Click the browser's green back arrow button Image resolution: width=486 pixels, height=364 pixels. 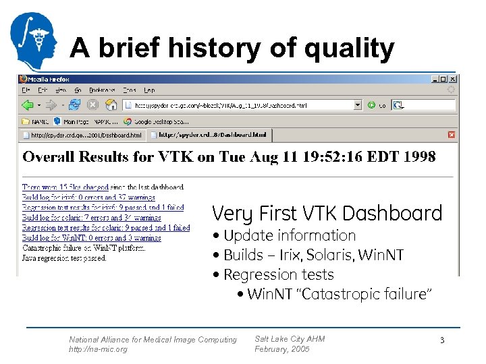pos(28,105)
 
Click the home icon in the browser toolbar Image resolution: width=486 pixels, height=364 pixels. pos(109,105)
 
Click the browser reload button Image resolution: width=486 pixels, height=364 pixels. pos(76,105)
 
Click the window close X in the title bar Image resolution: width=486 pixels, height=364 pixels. pos(452,79)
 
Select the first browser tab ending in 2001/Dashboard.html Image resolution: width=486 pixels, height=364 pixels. pos(86,135)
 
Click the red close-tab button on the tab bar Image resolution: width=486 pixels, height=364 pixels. pos(452,135)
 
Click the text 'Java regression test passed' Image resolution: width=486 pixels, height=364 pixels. pos(63,257)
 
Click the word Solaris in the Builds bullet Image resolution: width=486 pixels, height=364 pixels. pos(342,255)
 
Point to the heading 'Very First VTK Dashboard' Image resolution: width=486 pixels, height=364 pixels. pos(327,214)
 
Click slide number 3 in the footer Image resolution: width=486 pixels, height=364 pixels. pos(442,341)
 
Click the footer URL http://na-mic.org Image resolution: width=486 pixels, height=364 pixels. pos(97,349)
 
